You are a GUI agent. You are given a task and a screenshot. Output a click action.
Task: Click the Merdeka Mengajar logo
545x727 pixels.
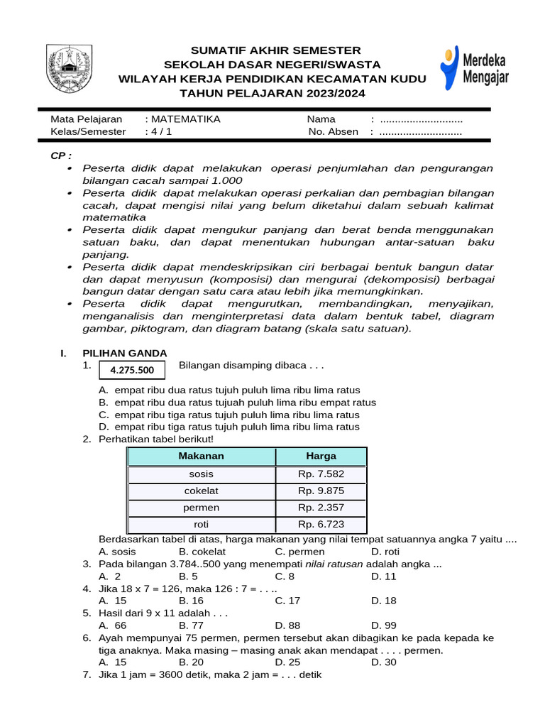[x=474, y=68]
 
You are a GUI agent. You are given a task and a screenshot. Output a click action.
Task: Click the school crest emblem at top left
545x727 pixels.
[x=69, y=68]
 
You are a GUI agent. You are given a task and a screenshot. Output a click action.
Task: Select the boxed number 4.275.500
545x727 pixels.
[x=131, y=370]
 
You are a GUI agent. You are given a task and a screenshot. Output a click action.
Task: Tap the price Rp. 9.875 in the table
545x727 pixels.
[x=321, y=491]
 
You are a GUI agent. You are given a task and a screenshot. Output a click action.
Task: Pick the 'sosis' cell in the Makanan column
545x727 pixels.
[x=201, y=474]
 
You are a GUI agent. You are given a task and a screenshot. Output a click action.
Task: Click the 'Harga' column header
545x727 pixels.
[x=321, y=456]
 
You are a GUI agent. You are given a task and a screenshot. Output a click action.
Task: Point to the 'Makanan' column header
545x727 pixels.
[x=201, y=456]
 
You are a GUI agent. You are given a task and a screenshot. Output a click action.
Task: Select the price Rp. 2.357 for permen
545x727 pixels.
[x=321, y=508]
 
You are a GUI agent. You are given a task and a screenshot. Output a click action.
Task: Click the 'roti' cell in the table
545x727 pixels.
[x=201, y=525]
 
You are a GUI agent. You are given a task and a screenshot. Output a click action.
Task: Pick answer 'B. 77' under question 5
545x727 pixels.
[x=192, y=625]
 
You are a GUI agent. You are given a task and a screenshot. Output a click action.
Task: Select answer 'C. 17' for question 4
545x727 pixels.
[x=287, y=600]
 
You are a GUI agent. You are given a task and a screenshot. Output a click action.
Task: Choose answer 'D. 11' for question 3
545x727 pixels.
[x=383, y=576]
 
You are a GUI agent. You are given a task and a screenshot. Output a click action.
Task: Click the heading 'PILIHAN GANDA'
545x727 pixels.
[x=125, y=353]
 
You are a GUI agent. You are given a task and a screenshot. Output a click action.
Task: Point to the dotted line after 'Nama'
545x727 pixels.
[x=421, y=119]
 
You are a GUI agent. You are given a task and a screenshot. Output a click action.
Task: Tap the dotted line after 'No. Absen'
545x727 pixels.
[x=421, y=131]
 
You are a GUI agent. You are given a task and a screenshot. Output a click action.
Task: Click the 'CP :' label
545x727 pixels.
[x=61, y=155]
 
